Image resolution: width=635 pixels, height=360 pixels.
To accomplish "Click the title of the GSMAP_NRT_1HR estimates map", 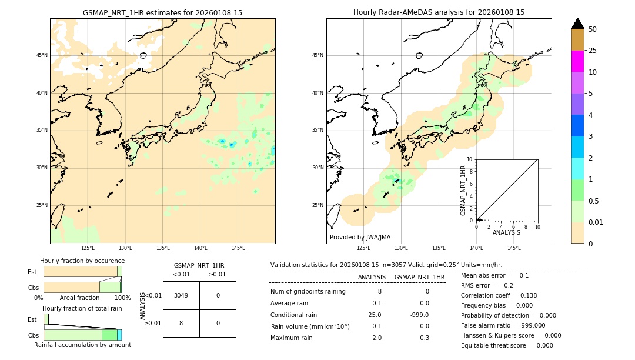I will pos(162,12).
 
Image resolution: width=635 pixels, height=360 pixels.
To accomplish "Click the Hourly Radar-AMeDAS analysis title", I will pos(439,12).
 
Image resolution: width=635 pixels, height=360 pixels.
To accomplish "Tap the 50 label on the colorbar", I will pos(593,29).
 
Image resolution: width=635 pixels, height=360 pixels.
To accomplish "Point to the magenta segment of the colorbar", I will pos(578,61).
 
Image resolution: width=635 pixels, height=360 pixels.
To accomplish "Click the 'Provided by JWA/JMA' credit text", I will pos(360,237).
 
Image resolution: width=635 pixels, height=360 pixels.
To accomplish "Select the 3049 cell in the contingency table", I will pos(181,295).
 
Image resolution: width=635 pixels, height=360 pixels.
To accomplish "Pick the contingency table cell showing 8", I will pos(181,323).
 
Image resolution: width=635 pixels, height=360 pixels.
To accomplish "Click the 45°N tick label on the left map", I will pos(42,55).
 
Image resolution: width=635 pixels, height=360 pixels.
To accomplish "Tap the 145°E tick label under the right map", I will pos(514,248).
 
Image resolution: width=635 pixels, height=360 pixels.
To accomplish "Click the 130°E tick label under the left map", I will pos(125,248).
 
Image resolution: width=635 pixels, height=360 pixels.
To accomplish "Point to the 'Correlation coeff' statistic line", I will pos(499,295).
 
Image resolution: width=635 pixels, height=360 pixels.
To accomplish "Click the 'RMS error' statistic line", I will pos(487,285).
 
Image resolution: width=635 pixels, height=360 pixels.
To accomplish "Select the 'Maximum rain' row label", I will pos(292,338).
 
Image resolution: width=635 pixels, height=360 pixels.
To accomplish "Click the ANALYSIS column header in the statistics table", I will pos(372,277).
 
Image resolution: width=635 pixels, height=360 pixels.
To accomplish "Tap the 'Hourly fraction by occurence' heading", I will pos(82,261).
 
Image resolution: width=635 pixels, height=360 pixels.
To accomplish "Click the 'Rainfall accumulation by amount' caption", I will pos(82,345).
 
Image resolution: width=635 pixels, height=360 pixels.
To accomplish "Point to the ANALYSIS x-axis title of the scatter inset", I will pos(506,232).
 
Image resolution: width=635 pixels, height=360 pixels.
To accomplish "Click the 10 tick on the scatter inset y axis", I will pos(470,159).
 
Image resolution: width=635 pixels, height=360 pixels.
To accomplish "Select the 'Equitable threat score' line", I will pos(507,345).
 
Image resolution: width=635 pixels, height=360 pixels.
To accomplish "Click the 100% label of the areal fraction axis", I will pos(122,298).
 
